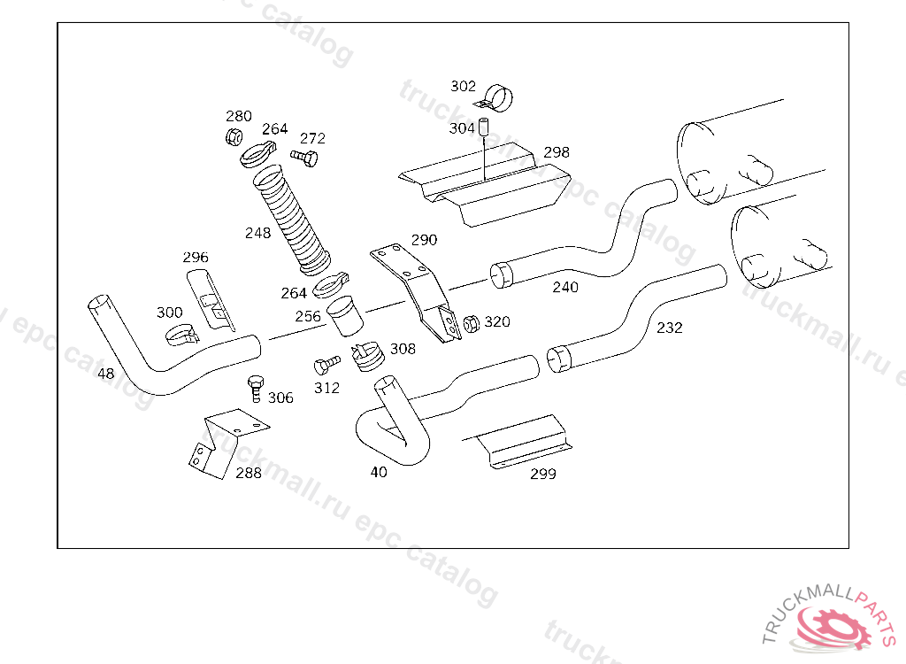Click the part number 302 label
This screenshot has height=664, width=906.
[x=463, y=86]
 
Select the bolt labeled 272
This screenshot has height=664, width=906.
[x=304, y=158]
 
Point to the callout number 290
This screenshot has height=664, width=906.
[x=424, y=240]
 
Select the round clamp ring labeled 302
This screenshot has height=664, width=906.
[x=500, y=97]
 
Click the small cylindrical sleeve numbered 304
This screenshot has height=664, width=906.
[x=485, y=127]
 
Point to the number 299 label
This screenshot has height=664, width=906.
[x=543, y=474]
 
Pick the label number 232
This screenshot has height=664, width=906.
[x=670, y=328]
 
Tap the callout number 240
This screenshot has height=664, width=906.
[x=565, y=287]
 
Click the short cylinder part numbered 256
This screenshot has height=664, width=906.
[x=342, y=315]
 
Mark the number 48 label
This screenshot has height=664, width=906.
[x=105, y=374]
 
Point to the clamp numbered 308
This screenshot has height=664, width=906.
[x=366, y=356]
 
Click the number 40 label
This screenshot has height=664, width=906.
[x=379, y=472]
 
